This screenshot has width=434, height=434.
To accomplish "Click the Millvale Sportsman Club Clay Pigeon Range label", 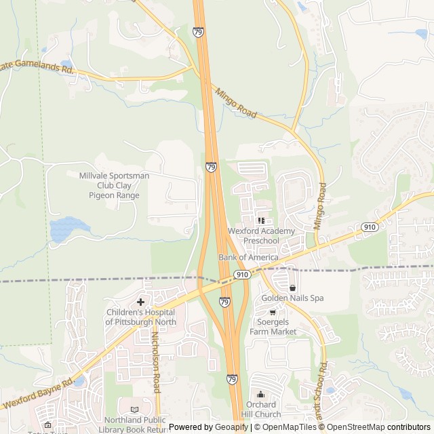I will (114, 185).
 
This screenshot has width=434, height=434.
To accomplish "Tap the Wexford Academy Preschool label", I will (262, 236).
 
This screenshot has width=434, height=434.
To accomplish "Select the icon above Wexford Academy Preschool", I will (261, 220).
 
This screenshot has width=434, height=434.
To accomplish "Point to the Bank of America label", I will (248, 258).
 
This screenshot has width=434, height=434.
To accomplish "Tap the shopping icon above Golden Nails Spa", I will (292, 288).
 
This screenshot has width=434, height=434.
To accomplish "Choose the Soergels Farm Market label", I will (273, 327).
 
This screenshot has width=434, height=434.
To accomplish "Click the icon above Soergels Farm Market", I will (273, 312).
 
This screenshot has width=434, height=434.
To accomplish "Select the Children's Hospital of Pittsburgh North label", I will (141, 317).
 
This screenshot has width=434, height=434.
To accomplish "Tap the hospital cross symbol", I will (140, 302).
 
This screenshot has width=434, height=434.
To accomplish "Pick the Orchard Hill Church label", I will (260, 410).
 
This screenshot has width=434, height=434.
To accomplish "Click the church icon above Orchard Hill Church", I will (260, 395).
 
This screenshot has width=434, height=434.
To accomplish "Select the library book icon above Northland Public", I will (134, 410).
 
